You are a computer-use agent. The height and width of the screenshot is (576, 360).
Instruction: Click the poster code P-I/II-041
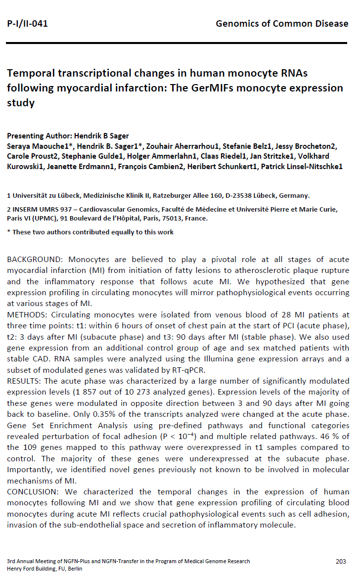[x=27, y=23]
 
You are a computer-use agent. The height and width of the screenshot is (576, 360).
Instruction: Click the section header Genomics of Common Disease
[x=282, y=23]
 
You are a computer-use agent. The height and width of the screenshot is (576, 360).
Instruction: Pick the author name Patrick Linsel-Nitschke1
[x=301, y=166]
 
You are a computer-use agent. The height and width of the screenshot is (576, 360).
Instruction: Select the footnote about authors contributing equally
[x=90, y=232]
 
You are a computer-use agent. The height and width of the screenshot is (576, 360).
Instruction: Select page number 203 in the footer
[x=340, y=561]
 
